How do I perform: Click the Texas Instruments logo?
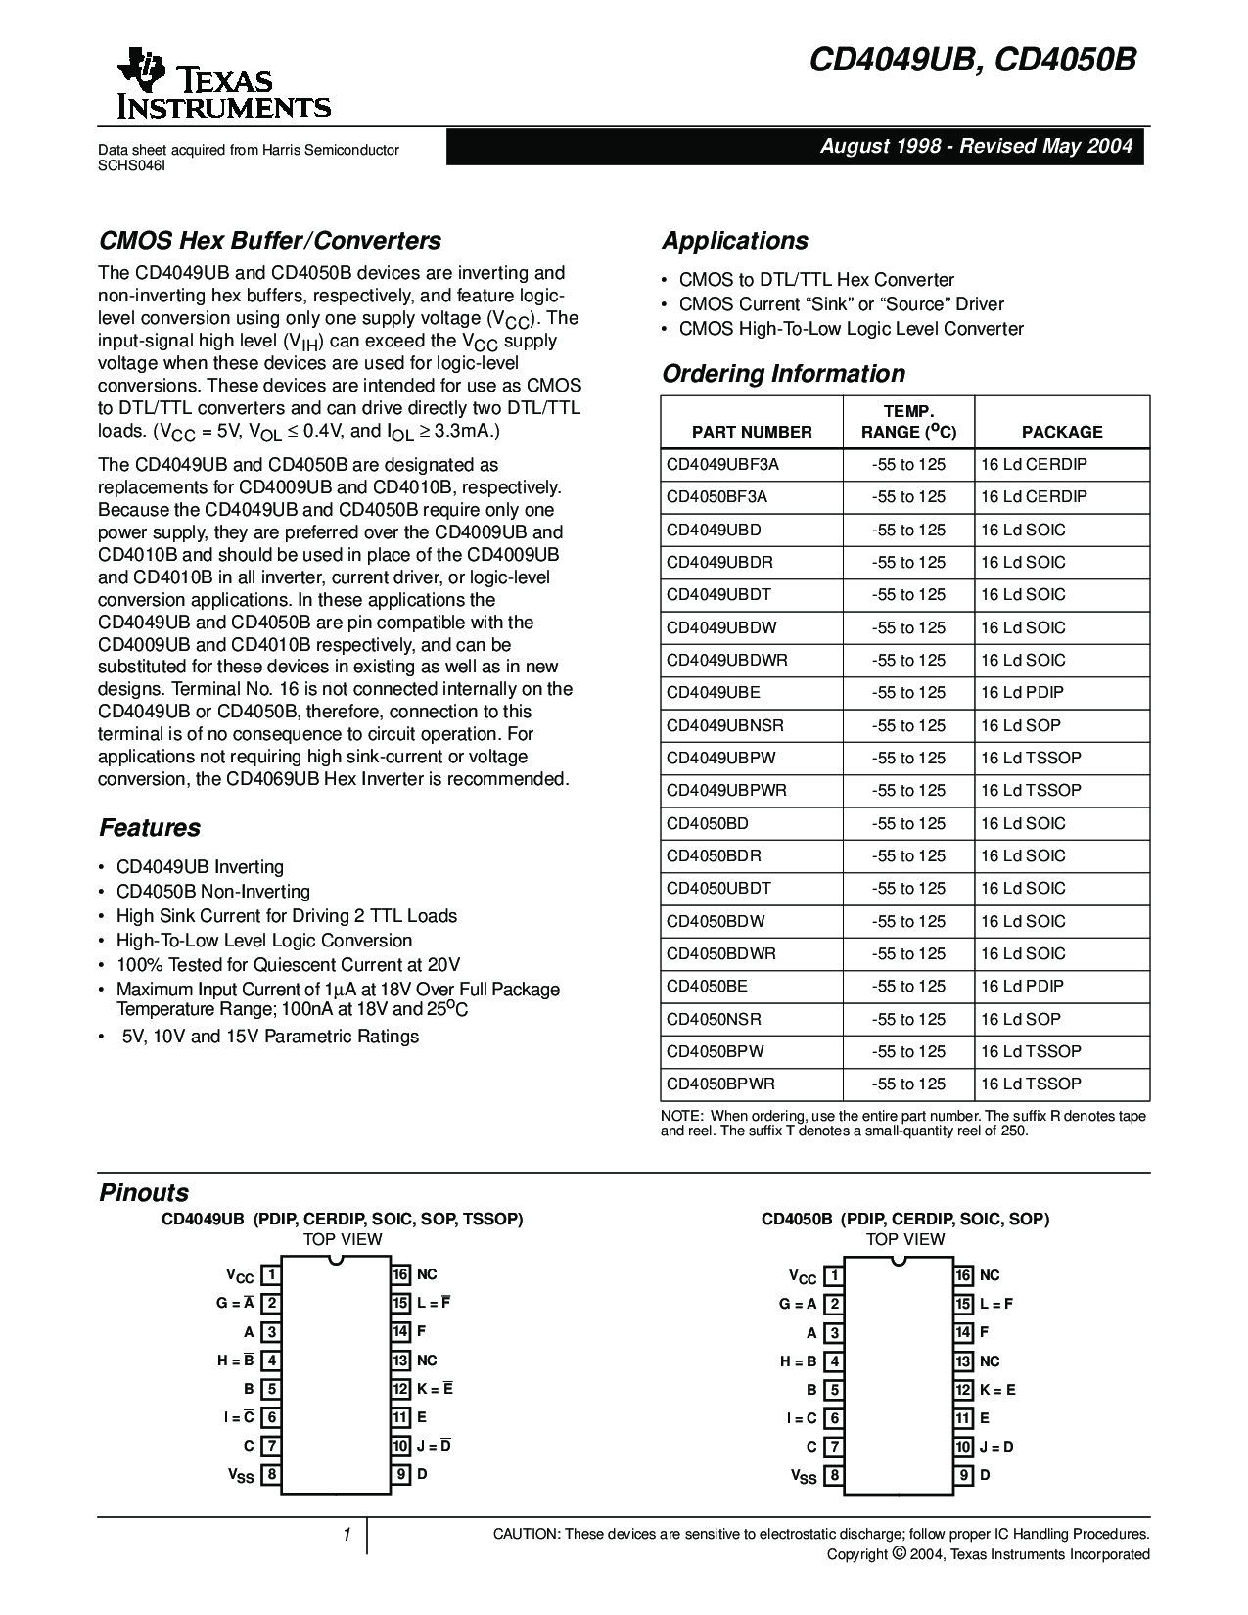point(223,84)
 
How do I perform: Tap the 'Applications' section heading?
point(734,241)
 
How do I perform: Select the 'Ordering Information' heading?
point(783,374)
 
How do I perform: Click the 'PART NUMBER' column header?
point(752,432)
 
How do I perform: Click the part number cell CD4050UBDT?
point(718,889)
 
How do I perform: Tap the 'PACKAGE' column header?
point(1062,432)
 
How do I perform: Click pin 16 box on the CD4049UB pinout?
point(400,1274)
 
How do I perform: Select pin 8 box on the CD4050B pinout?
point(834,1476)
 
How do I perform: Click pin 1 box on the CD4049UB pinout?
point(271,1274)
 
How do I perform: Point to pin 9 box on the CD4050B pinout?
point(964,1475)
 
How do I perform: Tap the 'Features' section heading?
point(150,828)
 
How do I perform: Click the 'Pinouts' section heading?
point(144,1193)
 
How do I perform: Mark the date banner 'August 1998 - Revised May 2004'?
point(975,146)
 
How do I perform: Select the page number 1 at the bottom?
point(347,1535)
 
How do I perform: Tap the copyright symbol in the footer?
point(898,1553)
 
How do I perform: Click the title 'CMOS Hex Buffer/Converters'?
point(270,241)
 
